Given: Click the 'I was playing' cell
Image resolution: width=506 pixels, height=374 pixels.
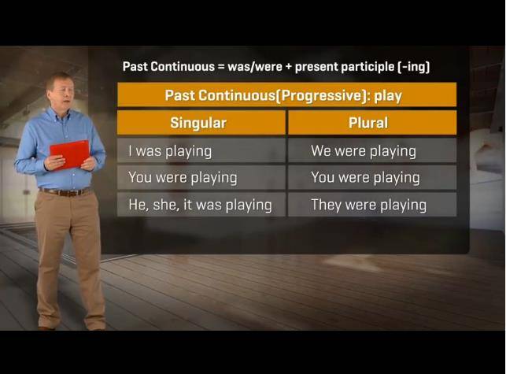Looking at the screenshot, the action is (x=201, y=150).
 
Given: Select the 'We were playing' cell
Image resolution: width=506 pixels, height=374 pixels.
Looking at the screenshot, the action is (x=372, y=150).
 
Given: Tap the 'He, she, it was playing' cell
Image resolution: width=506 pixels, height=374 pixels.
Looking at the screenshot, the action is (x=201, y=205).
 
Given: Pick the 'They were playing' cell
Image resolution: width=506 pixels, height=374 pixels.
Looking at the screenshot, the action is (x=372, y=205).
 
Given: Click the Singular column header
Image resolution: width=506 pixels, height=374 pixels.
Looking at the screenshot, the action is (x=201, y=122).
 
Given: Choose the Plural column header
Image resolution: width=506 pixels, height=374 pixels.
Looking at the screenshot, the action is (x=372, y=122).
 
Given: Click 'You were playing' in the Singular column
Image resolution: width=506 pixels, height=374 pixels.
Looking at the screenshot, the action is (x=201, y=177).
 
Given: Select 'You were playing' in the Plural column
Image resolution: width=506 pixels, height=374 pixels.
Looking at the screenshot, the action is (x=372, y=177).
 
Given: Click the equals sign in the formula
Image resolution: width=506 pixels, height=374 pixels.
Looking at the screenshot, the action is (x=220, y=67).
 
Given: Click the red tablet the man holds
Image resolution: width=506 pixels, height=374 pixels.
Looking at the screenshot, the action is (x=69, y=154).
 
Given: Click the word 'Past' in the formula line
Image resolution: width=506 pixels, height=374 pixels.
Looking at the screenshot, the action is (x=135, y=66).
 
